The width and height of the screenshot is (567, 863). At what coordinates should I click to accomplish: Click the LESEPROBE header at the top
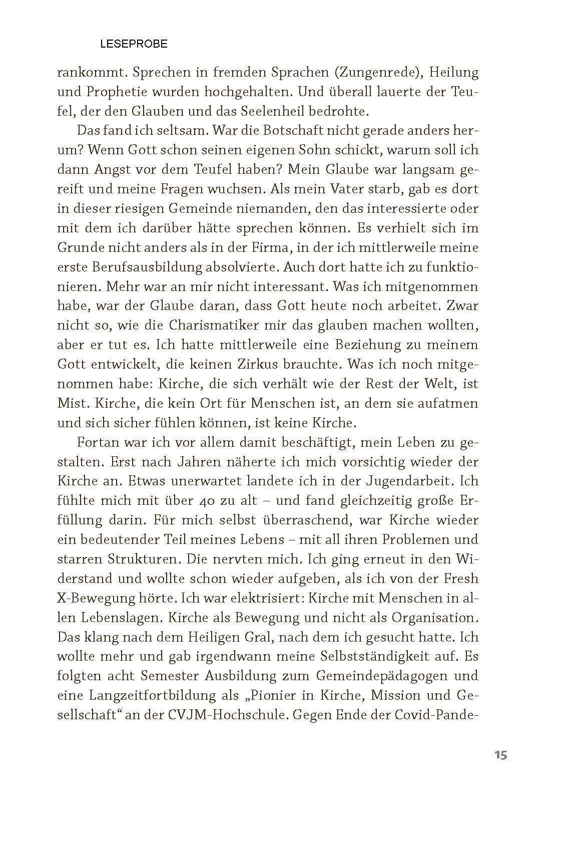click(134, 44)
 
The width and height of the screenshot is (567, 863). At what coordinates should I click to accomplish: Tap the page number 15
click(500, 755)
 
